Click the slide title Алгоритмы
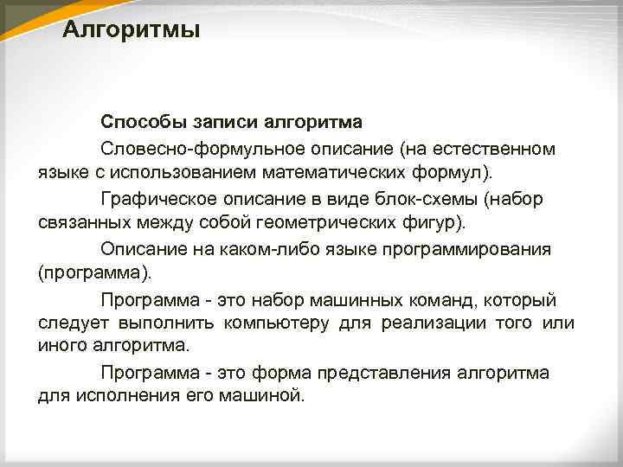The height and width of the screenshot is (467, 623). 132,31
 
